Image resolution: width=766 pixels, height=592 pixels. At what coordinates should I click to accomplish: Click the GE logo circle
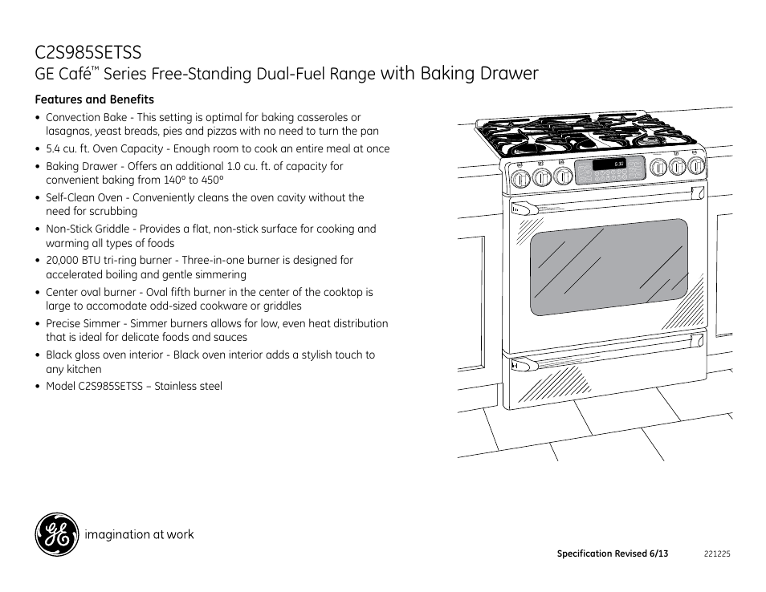[x=57, y=534]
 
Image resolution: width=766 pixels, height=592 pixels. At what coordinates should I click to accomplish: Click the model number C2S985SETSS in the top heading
[x=88, y=53]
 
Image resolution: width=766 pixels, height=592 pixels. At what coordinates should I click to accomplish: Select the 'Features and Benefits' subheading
[x=94, y=99]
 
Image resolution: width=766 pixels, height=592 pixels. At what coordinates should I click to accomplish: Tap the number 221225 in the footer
[x=717, y=554]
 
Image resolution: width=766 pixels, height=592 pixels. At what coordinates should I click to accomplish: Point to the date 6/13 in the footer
[x=658, y=553]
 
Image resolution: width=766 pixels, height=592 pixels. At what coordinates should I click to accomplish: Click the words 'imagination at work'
[x=139, y=534]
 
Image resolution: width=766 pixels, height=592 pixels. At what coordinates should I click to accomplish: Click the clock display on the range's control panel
[x=609, y=164]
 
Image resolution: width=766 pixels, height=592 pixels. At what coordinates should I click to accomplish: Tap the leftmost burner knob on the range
[x=521, y=179]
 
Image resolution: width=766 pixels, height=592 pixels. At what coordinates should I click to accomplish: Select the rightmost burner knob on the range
[x=696, y=166]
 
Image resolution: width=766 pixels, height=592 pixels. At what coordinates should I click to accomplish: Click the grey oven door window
[x=609, y=267]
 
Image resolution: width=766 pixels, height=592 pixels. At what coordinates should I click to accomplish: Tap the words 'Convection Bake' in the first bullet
[x=87, y=118]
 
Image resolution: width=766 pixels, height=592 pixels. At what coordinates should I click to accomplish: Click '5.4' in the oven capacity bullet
[x=53, y=149]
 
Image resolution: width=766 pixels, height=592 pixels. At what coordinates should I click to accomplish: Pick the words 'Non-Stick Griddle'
[x=88, y=229]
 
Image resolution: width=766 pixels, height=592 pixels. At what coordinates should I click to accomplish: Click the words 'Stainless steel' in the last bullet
[x=188, y=386]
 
